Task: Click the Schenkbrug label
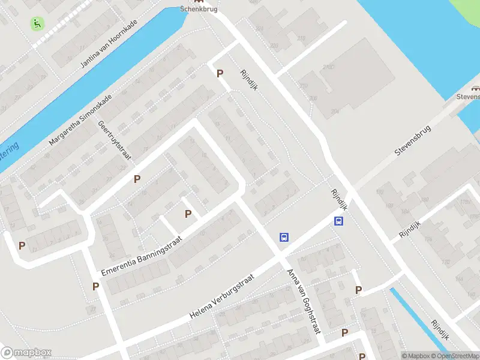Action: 199,9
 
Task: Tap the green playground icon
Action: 37,23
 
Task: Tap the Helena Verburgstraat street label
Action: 223,296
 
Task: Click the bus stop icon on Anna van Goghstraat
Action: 284,237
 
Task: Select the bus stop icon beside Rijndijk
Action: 339,221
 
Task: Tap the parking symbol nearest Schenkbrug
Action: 220,73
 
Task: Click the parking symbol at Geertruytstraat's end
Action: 137,179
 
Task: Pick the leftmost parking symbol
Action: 22,245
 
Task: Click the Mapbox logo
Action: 26,353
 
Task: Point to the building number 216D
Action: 328,66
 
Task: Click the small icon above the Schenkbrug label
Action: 194,1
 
